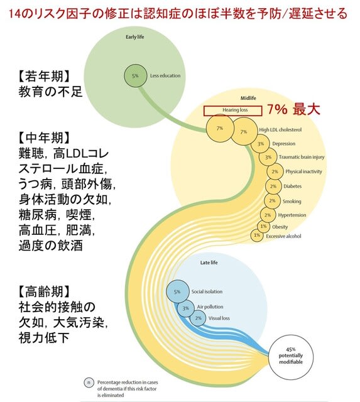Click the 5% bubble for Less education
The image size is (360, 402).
click(135, 75)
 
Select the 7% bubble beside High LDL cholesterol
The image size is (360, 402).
click(244, 131)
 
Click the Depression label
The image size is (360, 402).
click(283, 144)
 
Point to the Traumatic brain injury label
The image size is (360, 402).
click(302, 157)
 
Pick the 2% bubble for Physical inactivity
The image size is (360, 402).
click(275, 171)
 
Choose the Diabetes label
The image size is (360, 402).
click(292, 186)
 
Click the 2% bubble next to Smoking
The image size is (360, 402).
click(272, 201)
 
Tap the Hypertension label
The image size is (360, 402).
click(292, 215)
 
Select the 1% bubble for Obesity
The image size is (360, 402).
click(264, 226)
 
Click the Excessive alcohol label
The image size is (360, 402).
click(283, 236)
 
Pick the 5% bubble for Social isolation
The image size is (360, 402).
click(177, 291)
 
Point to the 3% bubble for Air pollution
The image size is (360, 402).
click(185, 308)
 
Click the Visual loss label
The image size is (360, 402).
click(219, 318)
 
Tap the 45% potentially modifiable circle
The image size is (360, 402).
click(291, 357)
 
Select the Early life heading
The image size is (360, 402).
click(135, 37)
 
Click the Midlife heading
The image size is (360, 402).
click(248, 98)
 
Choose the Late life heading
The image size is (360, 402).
click(209, 263)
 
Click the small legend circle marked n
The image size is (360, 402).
click(89, 383)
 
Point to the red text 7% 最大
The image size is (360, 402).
click(293, 109)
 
